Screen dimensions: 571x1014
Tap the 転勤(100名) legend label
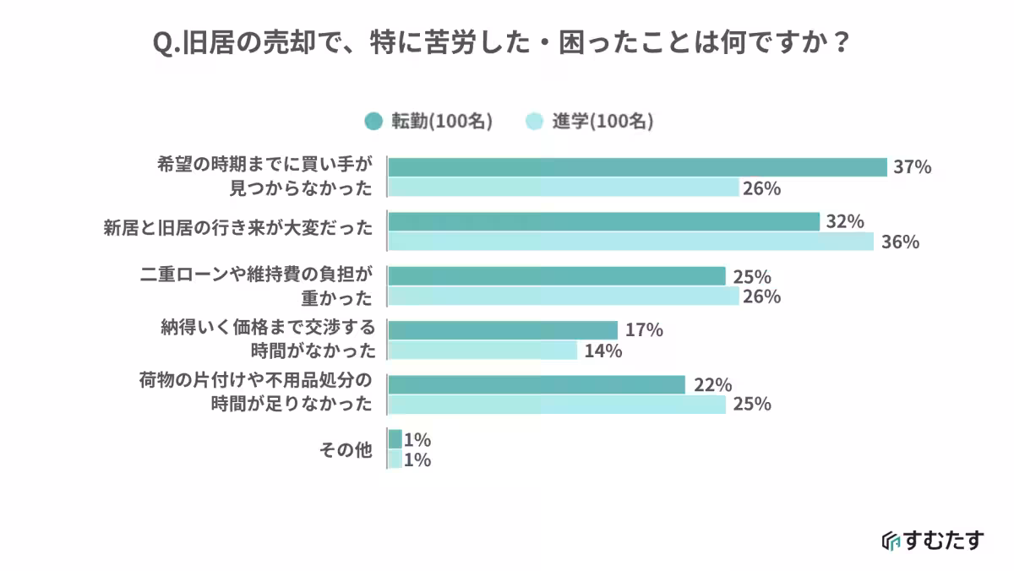[440, 121]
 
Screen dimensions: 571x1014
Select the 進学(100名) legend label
[602, 121]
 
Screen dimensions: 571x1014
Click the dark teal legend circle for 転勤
[373, 121]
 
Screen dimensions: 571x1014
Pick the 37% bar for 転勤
[637, 167]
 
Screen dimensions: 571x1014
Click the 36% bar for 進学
[630, 242]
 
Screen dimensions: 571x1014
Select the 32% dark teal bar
[603, 221]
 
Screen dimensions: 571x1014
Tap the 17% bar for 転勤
[503, 329]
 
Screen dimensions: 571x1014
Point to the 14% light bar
[482, 350]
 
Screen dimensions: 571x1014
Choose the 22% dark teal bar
[536, 384]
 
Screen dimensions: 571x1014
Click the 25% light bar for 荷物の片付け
[556, 405]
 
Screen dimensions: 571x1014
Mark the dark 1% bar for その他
[395, 439]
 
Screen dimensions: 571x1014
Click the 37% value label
[913, 167]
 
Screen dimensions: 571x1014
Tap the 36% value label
[899, 242]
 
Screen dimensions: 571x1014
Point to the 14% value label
[602, 351]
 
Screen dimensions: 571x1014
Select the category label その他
[346, 450]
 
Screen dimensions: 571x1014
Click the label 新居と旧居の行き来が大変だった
[237, 227]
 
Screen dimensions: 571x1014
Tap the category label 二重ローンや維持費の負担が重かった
[255, 286]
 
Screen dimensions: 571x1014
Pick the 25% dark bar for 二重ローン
[556, 276]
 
